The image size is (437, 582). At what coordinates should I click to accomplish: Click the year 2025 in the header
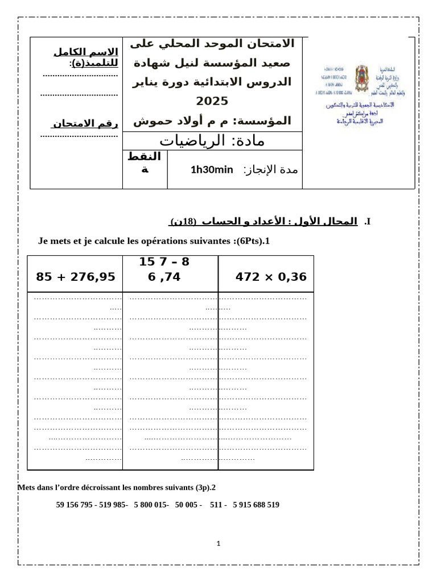[x=212, y=101]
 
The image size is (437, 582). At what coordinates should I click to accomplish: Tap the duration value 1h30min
[x=212, y=169]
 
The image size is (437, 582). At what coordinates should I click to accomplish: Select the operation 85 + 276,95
[x=76, y=277]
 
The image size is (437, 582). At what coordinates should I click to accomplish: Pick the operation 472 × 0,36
[x=271, y=277]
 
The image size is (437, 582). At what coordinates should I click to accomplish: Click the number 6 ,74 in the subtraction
[x=164, y=277]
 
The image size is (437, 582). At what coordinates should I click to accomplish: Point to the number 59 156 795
[x=76, y=505]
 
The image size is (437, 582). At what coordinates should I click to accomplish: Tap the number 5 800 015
[x=151, y=505]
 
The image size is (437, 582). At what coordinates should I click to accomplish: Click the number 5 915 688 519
[x=256, y=505]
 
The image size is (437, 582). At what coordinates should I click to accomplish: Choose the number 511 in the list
[x=216, y=505]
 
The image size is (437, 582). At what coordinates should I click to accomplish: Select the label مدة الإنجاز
[x=271, y=169]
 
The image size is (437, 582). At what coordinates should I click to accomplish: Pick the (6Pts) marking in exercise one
[x=246, y=241]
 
